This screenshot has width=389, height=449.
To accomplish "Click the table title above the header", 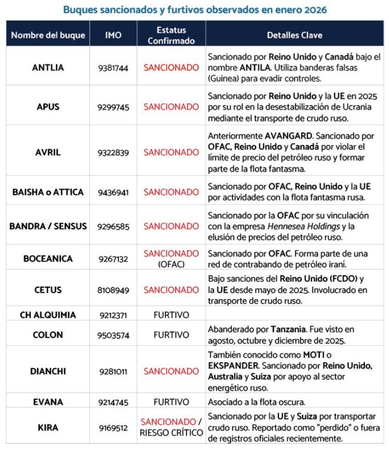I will point(195,10).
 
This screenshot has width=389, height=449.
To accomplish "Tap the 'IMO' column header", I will point(113,35).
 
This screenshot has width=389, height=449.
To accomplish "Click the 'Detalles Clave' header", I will point(294,35).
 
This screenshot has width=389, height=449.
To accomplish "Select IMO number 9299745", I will point(113,107).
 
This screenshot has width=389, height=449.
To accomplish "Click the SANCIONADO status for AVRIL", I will point(171,152).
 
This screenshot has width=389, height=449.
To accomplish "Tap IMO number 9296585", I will point(113,226).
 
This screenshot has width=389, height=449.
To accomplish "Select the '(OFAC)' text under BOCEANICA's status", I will point(171,264).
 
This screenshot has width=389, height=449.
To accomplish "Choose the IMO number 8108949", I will point(113,290).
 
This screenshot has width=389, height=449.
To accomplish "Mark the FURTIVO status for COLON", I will point(171,335).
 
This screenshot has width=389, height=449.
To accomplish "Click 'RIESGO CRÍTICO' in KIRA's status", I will point(171,433).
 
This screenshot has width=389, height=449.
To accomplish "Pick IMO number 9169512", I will point(113,428).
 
